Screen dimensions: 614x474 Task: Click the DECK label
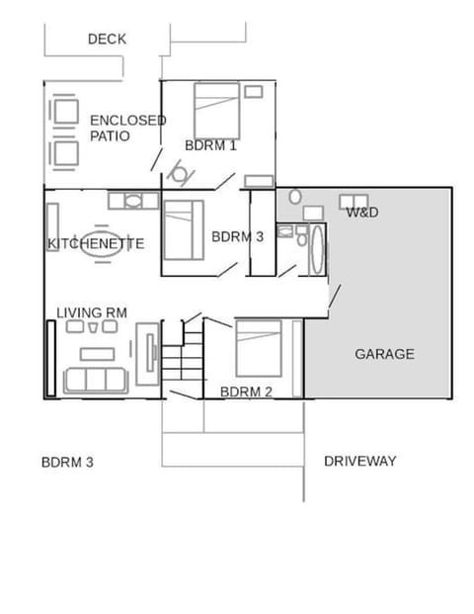click(107, 40)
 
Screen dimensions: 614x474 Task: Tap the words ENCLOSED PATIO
click(127, 128)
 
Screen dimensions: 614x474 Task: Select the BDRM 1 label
click(210, 145)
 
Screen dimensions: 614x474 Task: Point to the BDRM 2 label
click(246, 392)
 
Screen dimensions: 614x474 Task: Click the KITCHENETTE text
click(96, 243)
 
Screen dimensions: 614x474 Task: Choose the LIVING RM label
click(92, 312)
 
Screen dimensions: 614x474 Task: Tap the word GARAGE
click(384, 354)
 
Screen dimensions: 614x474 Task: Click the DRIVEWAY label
click(359, 461)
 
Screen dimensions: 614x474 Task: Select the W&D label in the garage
click(362, 213)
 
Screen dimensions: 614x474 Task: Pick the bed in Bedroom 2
click(259, 347)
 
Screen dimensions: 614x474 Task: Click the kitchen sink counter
click(132, 201)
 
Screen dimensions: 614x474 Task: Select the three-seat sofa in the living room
click(94, 379)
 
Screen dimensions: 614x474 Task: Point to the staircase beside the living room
click(182, 358)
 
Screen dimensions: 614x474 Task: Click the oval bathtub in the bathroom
click(317, 253)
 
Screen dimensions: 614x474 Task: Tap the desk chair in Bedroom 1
click(180, 175)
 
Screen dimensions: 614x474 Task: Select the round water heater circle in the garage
click(294, 198)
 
